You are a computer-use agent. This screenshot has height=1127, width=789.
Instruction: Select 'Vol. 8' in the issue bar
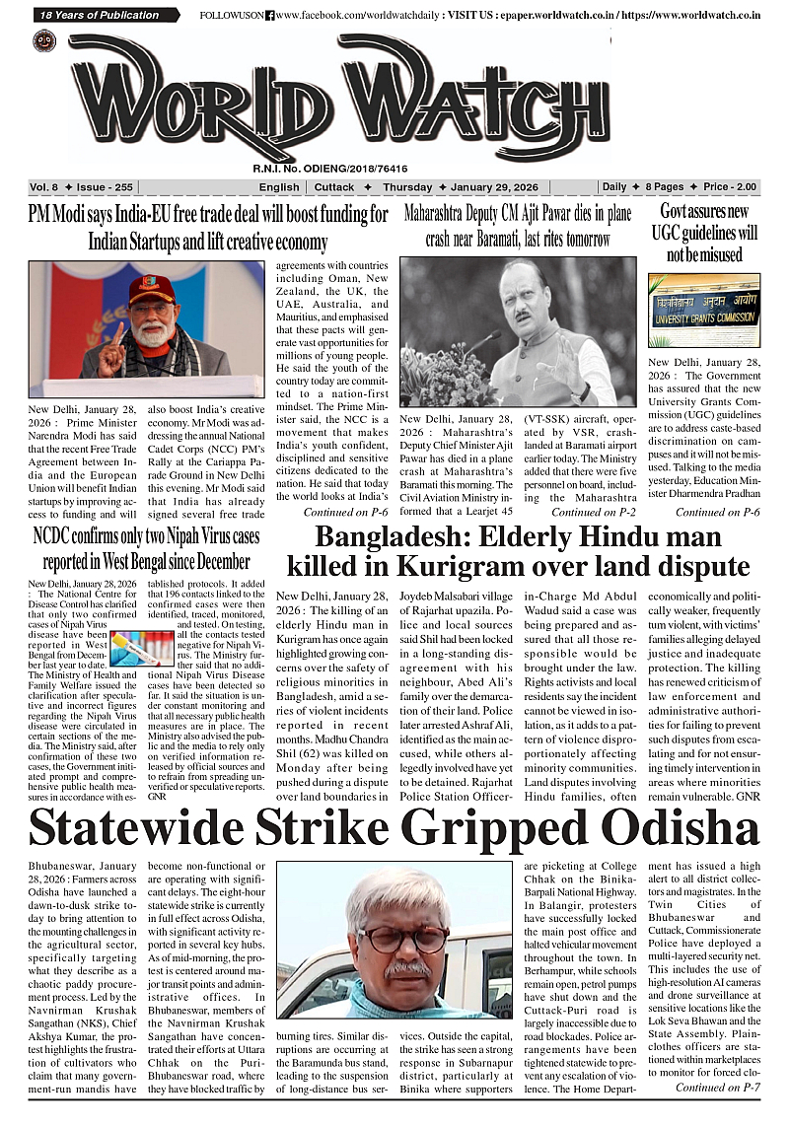[x=45, y=187]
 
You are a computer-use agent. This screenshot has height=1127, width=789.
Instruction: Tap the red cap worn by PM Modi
[x=151, y=289]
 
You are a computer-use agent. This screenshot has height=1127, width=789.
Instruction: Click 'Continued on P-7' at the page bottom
[x=717, y=1087]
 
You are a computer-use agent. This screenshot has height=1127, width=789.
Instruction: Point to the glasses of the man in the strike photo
[x=401, y=935]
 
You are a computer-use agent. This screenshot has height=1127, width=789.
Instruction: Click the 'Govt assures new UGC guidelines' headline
[x=703, y=233]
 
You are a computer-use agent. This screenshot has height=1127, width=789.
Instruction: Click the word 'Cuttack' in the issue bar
[x=334, y=187]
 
